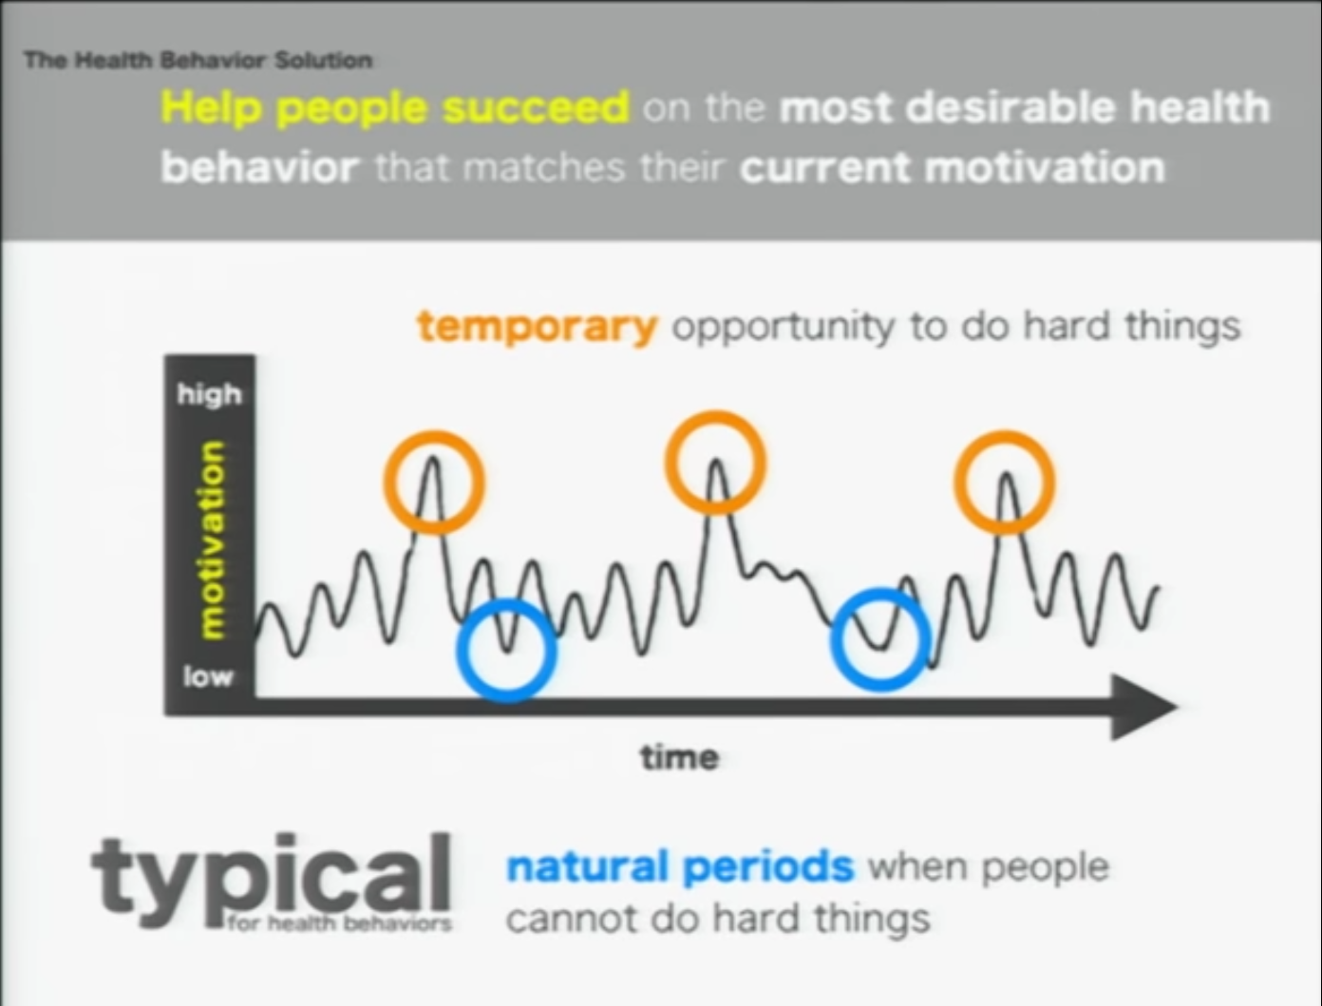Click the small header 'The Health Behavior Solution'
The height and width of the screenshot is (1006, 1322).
pos(198,60)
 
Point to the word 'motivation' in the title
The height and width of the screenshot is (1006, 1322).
pos(1045,168)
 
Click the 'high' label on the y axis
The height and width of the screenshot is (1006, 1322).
pos(210,395)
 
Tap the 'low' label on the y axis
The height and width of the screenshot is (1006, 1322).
pos(208,677)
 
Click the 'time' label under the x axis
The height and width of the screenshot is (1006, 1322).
pos(680,757)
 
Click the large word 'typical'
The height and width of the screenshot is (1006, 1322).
pos(271,877)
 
